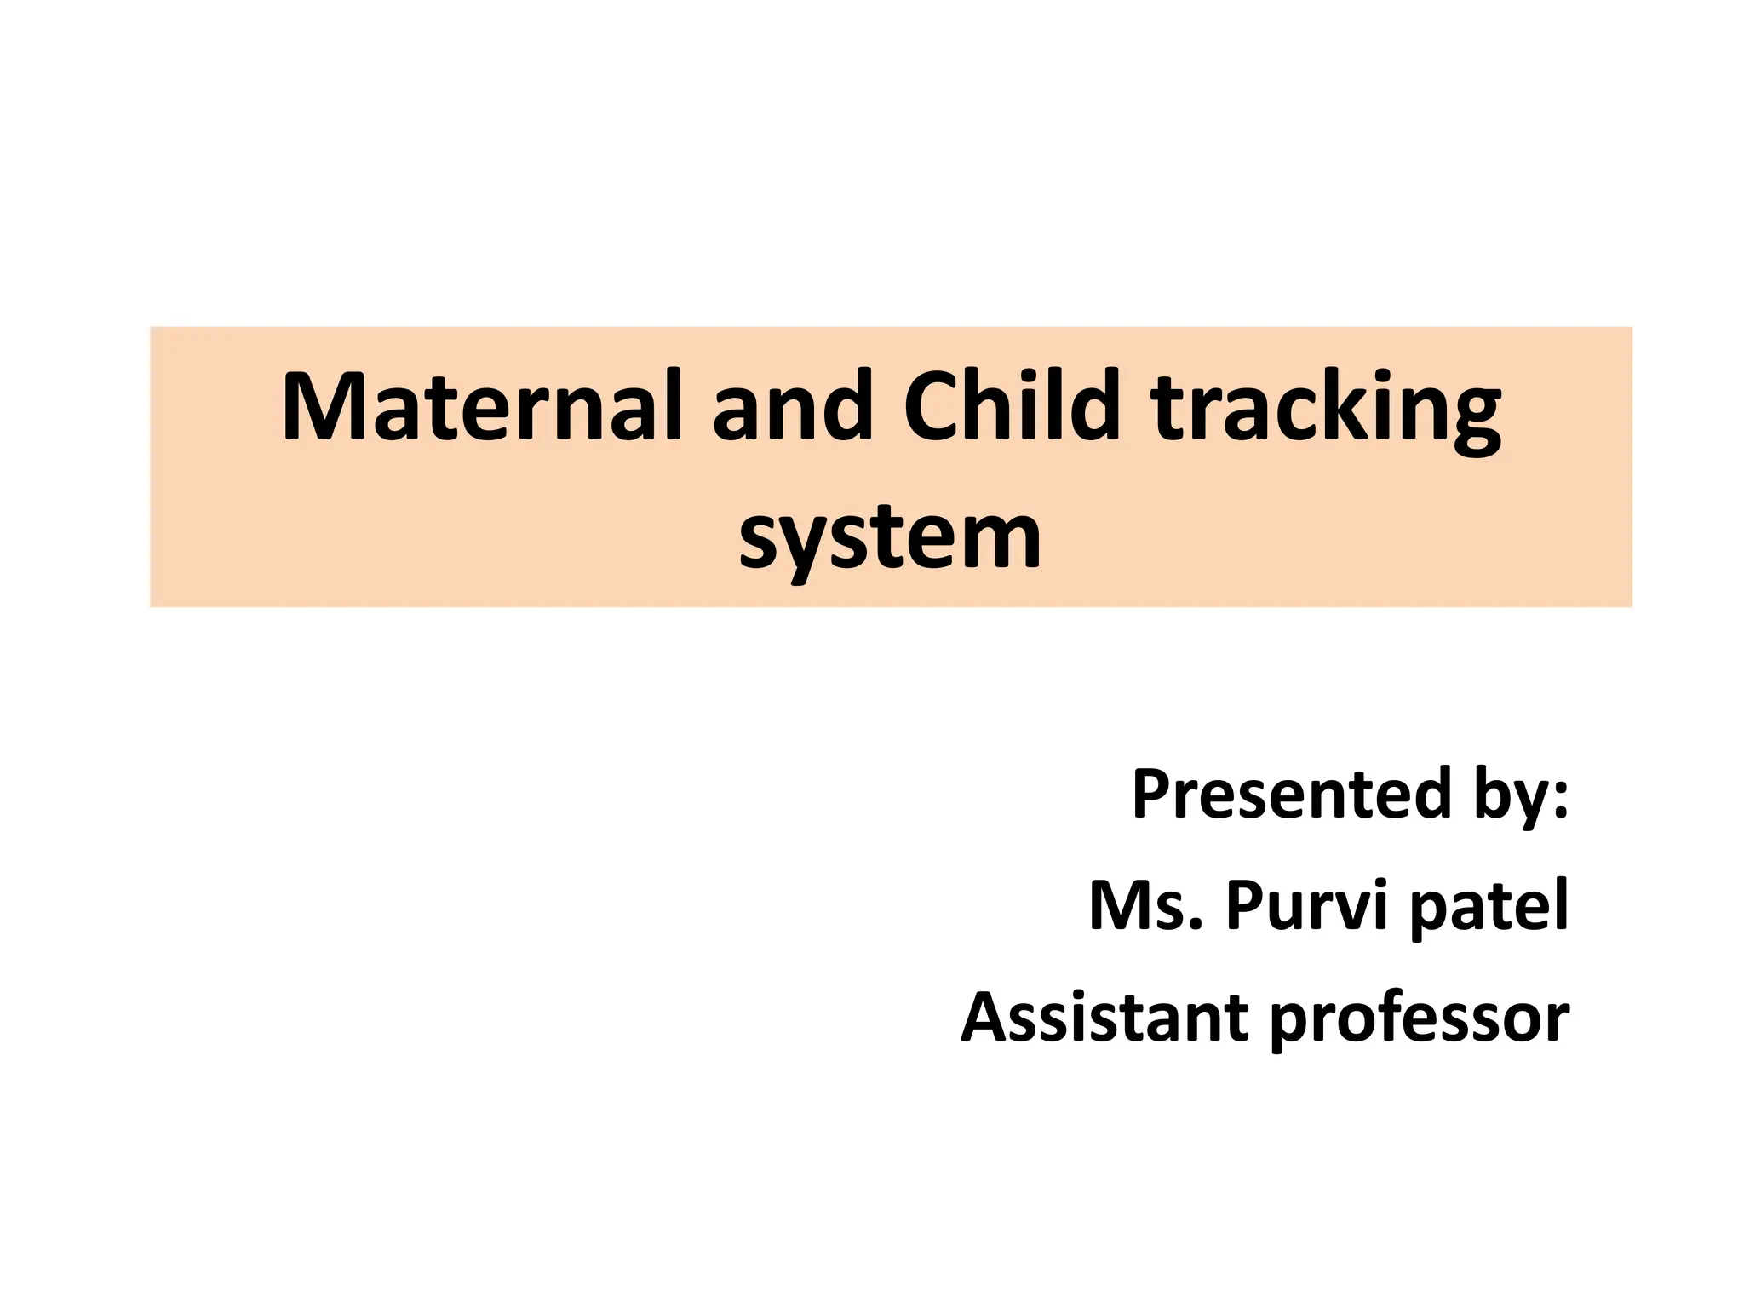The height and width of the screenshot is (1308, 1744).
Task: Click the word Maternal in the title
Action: point(481,407)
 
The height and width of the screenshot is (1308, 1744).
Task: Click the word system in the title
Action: point(890,538)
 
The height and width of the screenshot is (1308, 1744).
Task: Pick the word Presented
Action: point(1291,794)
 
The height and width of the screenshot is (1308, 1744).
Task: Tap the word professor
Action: point(1420,1018)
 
